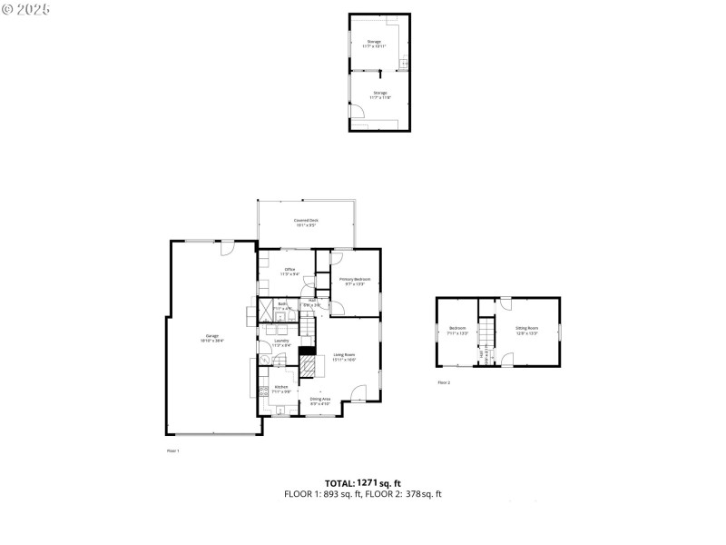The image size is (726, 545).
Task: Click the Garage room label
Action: pyautogui.click(x=213, y=338)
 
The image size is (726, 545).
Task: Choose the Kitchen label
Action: pyautogui.click(x=281, y=389)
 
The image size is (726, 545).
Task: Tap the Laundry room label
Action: pyautogui.click(x=281, y=342)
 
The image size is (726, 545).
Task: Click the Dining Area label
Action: pyautogui.click(x=320, y=401)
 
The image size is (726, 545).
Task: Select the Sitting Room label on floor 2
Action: pyautogui.click(x=527, y=329)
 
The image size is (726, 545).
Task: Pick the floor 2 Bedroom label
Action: pyautogui.click(x=458, y=329)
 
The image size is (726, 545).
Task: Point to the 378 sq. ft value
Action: pyautogui.click(x=425, y=494)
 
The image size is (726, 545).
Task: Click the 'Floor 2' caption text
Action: pyautogui.click(x=444, y=383)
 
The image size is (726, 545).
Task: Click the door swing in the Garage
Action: pyautogui.click(x=230, y=248)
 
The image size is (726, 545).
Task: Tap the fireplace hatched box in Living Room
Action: pyautogui.click(x=311, y=366)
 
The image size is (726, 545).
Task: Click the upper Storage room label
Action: pyautogui.click(x=375, y=43)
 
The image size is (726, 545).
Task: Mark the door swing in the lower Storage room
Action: pyautogui.click(x=359, y=110)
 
